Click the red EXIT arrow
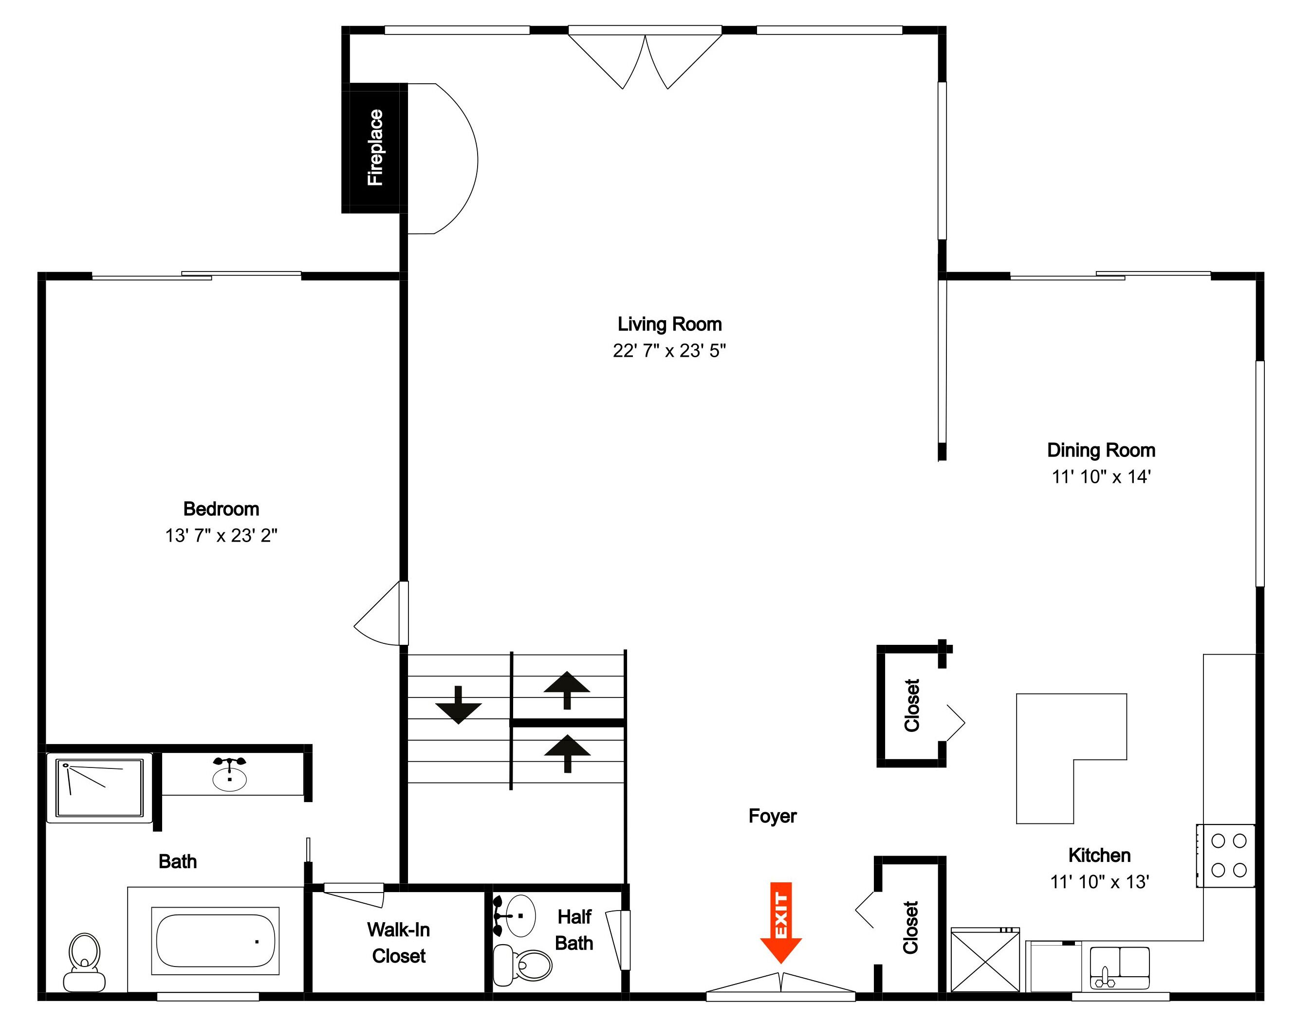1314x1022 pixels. pyautogui.click(x=780, y=922)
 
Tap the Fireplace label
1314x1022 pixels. pyautogui.click(x=375, y=148)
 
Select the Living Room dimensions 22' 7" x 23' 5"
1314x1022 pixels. pyautogui.click(x=669, y=351)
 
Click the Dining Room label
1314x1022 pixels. pyautogui.click(x=1101, y=450)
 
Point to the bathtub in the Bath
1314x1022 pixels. pyautogui.click(x=215, y=941)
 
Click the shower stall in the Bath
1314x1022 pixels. pyautogui.click(x=99, y=788)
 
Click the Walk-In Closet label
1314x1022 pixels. pyautogui.click(x=398, y=943)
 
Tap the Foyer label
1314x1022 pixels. pyautogui.click(x=773, y=816)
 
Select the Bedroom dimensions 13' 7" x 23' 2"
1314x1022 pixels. pyautogui.click(x=222, y=535)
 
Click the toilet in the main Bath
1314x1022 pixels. pyautogui.click(x=85, y=963)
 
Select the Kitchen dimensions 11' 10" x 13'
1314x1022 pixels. pyautogui.click(x=1100, y=882)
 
